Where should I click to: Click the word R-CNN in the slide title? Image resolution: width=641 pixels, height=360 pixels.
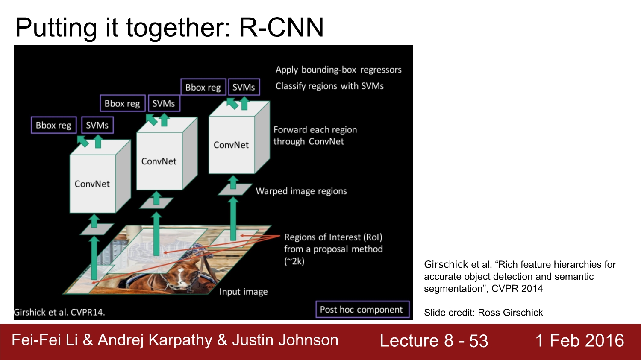(x=281, y=28)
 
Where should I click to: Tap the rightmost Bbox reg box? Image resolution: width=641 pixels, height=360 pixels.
(x=203, y=88)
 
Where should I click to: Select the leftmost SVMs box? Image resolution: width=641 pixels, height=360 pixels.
(x=97, y=126)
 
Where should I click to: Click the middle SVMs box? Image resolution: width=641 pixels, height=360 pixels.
(x=164, y=104)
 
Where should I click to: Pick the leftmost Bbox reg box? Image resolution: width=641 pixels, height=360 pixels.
(x=53, y=126)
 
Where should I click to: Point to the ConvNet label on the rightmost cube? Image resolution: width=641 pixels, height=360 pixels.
(x=231, y=145)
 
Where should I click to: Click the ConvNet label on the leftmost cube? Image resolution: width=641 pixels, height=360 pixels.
(x=92, y=184)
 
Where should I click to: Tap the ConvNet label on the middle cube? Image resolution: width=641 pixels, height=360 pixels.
(x=159, y=161)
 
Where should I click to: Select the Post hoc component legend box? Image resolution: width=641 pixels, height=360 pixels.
(x=362, y=310)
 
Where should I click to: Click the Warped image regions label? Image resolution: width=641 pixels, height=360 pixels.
(x=301, y=191)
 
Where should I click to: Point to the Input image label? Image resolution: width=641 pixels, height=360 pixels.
(x=244, y=292)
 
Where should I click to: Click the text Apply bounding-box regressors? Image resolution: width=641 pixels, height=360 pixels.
(x=338, y=70)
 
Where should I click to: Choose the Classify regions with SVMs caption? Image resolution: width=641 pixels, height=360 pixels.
(x=329, y=86)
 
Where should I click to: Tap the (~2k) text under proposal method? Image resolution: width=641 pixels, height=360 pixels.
(x=294, y=261)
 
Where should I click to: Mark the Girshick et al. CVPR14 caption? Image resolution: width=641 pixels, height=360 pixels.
(x=59, y=312)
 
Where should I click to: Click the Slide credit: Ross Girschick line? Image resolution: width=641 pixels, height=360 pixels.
(x=483, y=313)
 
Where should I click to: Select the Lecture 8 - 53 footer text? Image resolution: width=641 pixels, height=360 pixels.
(x=434, y=341)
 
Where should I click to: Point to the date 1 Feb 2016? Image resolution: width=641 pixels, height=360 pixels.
(x=579, y=341)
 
